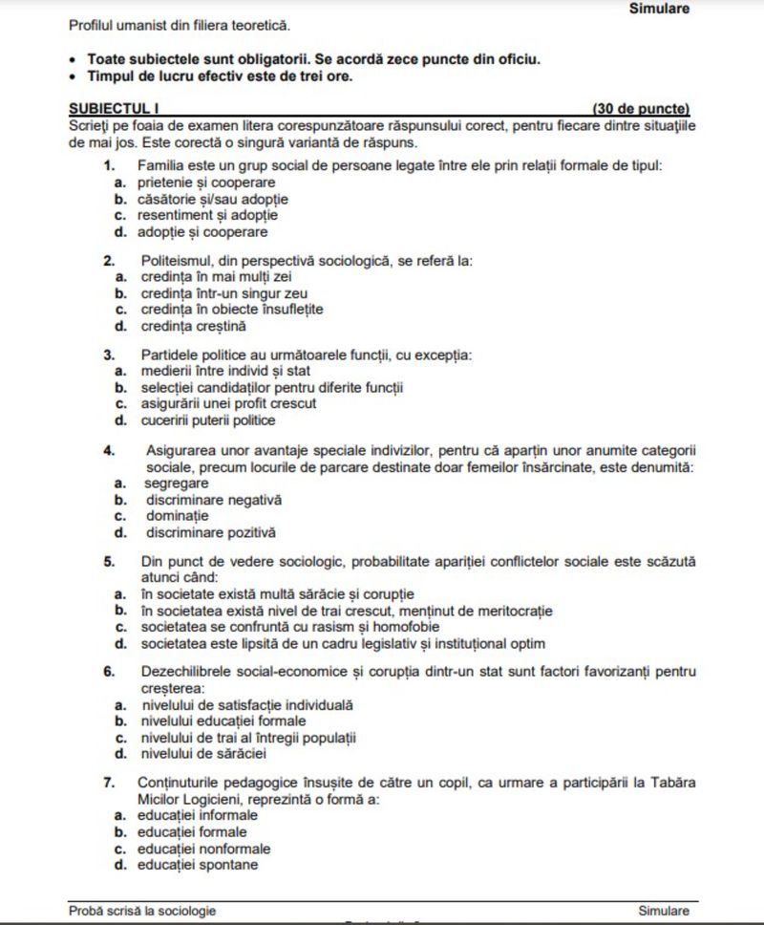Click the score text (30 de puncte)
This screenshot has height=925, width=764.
tap(640, 110)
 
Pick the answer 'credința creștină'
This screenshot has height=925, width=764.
tap(192, 326)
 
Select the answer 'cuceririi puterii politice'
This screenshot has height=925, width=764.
tap(207, 419)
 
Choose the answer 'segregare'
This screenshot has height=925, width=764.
tap(177, 484)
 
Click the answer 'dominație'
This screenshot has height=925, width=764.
tap(177, 516)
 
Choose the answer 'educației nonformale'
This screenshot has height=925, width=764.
tap(203, 849)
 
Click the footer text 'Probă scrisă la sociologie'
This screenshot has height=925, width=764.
tap(142, 911)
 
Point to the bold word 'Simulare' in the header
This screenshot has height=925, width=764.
tap(659, 9)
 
